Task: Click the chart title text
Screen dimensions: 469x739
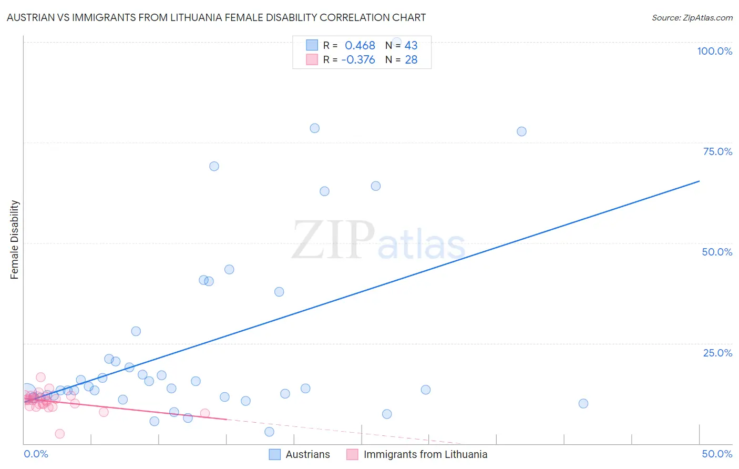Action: pos(216,17)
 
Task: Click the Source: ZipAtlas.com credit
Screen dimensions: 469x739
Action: pos(692,17)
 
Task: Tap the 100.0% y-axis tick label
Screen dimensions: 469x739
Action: pos(714,51)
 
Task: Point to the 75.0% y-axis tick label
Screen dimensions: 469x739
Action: pos(717,151)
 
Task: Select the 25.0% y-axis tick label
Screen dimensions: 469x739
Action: pos(717,353)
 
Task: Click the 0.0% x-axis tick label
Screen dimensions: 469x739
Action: pos(36,454)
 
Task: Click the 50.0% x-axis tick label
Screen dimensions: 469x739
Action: pos(717,454)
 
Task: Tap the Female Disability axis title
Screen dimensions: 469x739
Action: pos(15,240)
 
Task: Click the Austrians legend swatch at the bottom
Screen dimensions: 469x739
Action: pos(274,454)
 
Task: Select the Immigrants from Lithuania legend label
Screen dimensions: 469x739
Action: pos(425,454)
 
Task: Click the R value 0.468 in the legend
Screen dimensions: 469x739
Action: pos(360,46)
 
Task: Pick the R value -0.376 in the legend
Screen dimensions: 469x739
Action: pos(358,60)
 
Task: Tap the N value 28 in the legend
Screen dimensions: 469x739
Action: pos(411,60)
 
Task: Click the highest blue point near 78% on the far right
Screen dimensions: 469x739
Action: pos(521,131)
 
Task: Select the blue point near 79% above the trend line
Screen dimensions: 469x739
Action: pos(315,128)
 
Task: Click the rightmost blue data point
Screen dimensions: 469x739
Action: pos(583,404)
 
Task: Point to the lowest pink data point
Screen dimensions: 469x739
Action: pos(60,434)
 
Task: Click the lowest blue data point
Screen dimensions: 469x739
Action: pos(269,432)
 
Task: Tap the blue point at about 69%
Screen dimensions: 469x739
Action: pos(214,166)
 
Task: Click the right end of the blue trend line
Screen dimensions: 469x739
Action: pos(699,181)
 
